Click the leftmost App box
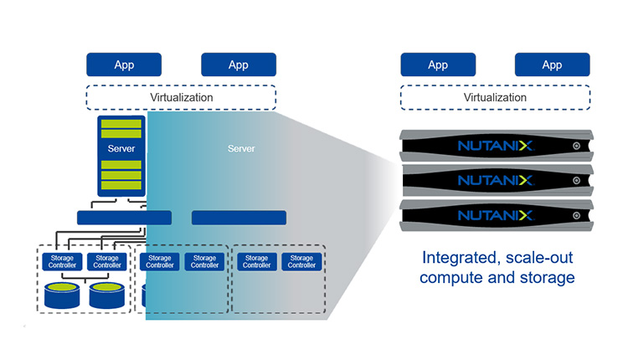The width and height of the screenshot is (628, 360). (124, 65)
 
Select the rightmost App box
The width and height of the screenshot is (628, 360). (552, 65)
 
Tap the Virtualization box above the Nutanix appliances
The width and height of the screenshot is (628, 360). (495, 98)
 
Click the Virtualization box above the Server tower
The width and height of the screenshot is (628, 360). (181, 98)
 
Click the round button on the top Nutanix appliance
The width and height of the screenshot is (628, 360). (576, 146)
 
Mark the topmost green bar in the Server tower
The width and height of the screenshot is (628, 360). (121, 124)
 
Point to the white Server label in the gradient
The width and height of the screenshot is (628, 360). (241, 149)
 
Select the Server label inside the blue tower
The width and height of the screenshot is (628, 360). (121, 149)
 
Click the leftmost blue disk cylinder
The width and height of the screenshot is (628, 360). (64, 295)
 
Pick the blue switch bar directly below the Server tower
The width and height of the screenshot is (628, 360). (124, 218)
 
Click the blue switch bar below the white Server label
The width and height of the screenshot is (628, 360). (239, 218)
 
